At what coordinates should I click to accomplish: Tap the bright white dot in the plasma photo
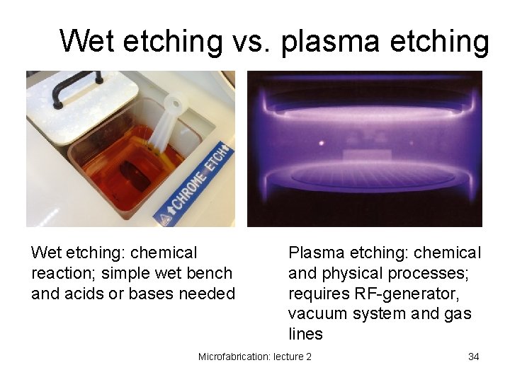[x=322, y=143]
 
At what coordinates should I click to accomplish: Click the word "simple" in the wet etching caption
[x=123, y=273]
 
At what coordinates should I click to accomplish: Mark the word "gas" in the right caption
[x=458, y=313]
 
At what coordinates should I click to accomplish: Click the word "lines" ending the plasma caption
[x=305, y=334]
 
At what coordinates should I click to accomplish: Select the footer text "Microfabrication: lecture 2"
[x=254, y=357]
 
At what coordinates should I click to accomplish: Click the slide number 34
[x=473, y=357]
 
